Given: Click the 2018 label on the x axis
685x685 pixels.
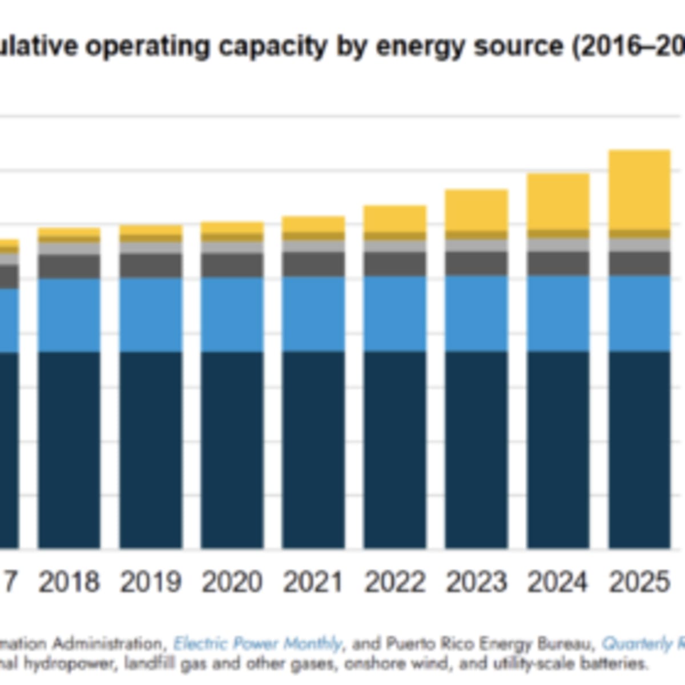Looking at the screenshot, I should (x=69, y=582).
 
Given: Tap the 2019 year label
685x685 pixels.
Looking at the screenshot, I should (x=151, y=582).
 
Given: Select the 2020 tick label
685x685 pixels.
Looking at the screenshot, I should (x=232, y=582).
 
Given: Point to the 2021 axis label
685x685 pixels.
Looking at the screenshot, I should (x=313, y=582).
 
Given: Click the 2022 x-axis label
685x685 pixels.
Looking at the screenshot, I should (x=395, y=582).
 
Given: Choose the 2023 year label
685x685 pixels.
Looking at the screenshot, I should (x=477, y=582).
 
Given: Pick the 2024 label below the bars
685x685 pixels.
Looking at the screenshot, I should (x=558, y=582).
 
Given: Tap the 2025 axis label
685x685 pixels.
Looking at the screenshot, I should (x=639, y=582).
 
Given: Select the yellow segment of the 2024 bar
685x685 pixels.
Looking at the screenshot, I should (x=558, y=201).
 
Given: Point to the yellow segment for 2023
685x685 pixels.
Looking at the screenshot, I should (x=477, y=209).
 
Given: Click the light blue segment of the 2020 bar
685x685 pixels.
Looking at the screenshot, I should (x=232, y=315).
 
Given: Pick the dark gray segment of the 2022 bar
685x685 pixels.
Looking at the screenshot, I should (x=395, y=264).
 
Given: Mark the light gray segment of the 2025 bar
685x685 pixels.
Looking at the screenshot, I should (x=639, y=245).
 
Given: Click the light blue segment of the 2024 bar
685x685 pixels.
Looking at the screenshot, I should (x=558, y=313).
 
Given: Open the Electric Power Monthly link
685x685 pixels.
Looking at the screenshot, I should (x=257, y=644).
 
